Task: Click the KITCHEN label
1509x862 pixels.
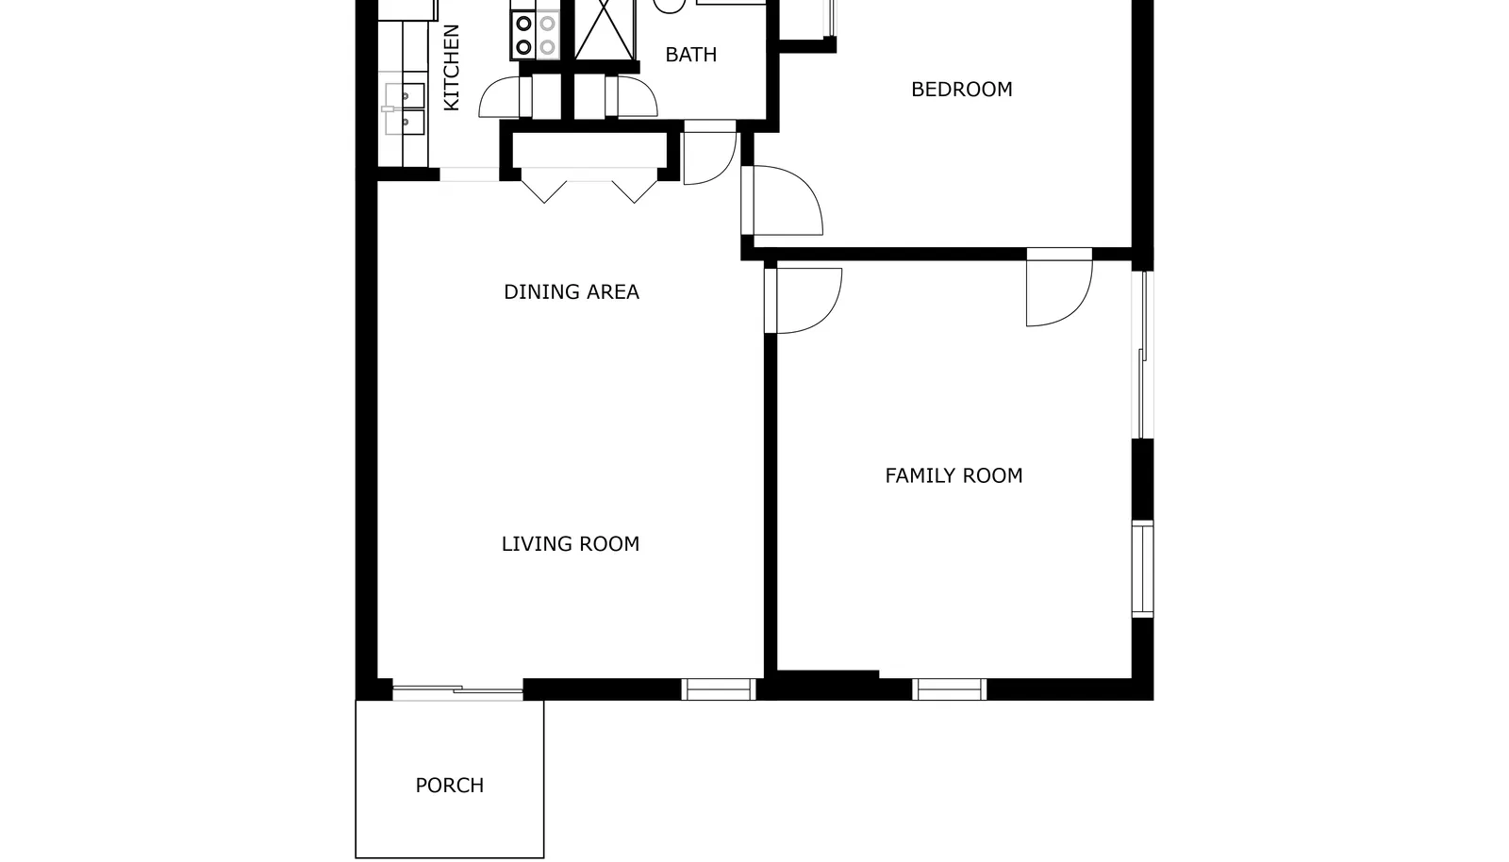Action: point(452,67)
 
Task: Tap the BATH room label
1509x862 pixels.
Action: point(690,55)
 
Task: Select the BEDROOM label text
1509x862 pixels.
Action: point(961,90)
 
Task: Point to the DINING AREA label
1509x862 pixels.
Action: point(572,292)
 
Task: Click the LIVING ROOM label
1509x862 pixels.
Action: point(571,544)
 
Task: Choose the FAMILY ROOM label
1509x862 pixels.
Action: point(953,476)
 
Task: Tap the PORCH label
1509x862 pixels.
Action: point(449,786)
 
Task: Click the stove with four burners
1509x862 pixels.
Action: point(535,34)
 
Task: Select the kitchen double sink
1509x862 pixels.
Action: point(405,109)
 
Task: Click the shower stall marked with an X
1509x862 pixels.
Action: point(605,30)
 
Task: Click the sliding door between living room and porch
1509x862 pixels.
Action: point(458,690)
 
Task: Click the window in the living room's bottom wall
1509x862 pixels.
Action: point(718,689)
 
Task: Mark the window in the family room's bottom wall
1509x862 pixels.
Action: point(949,689)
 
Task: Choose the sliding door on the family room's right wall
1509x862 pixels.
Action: point(1142,355)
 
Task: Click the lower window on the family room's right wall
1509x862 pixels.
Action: point(1142,569)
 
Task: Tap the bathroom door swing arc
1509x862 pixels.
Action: point(637,96)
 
